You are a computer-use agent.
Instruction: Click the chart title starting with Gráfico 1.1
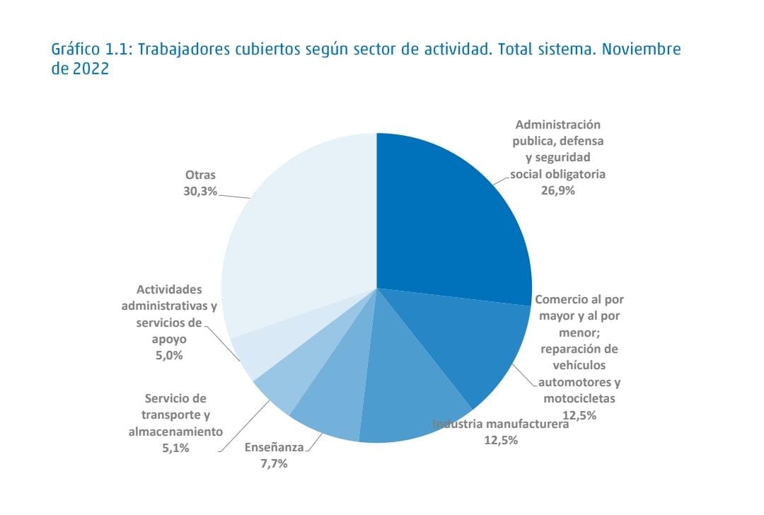(x=366, y=59)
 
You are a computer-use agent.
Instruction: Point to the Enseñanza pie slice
(x=332, y=396)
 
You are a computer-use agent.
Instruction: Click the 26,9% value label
(x=558, y=190)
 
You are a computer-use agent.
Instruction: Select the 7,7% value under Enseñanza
(x=274, y=463)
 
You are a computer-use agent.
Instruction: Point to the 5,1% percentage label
(x=175, y=447)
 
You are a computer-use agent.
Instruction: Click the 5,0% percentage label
(x=169, y=355)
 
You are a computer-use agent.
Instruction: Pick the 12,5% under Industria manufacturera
(x=500, y=440)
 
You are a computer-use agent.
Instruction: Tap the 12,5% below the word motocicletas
(x=579, y=415)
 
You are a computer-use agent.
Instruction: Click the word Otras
(x=200, y=175)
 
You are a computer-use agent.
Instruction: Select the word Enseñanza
(x=274, y=447)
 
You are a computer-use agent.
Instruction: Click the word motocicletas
(x=579, y=398)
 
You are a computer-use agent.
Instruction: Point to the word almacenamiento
(x=175, y=431)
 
